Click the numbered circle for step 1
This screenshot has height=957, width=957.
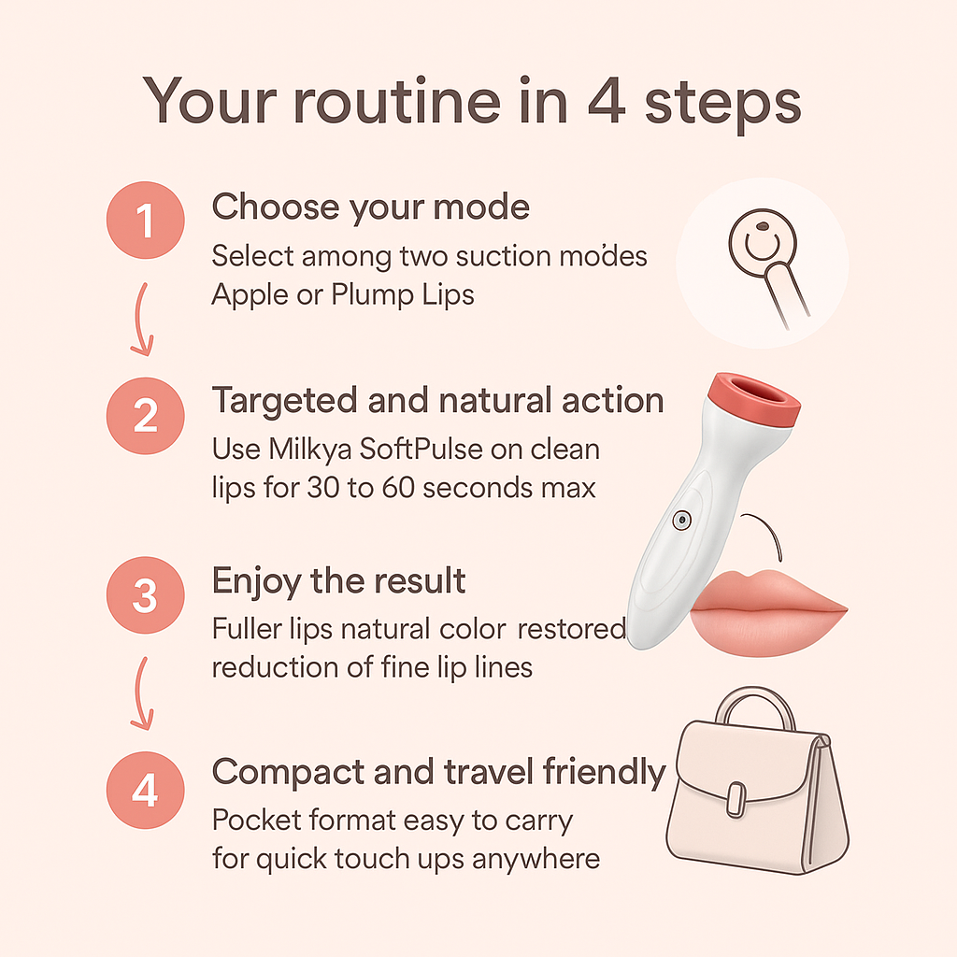tap(145, 220)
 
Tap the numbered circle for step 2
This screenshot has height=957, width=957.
tap(145, 416)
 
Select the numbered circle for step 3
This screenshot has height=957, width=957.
tap(145, 595)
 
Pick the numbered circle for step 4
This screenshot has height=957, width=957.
tap(145, 791)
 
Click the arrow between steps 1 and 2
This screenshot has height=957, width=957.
tap(140, 320)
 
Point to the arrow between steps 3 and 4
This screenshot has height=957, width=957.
tap(140, 693)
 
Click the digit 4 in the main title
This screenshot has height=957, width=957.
tap(607, 100)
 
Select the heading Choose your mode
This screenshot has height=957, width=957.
tap(370, 207)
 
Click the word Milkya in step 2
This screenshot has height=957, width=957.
tap(310, 450)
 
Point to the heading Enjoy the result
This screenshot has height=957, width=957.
tap(338, 581)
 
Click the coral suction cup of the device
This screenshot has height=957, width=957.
tap(755, 399)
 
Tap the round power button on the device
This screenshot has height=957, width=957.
tap(681, 520)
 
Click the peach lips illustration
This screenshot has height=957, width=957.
tap(768, 613)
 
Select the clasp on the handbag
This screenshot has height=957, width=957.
tap(736, 800)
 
